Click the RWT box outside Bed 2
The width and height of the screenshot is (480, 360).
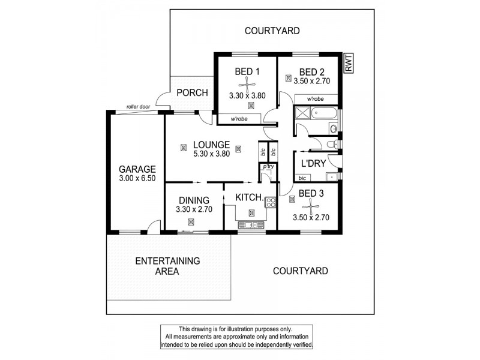[348, 63]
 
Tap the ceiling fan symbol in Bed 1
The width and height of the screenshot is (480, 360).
[247, 83]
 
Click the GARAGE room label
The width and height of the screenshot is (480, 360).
[137, 169]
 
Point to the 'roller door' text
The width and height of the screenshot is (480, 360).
[137, 107]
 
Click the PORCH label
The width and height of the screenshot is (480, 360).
[192, 93]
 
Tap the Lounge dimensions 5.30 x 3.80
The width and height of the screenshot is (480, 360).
[211, 154]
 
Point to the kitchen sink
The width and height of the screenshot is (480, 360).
[251, 225]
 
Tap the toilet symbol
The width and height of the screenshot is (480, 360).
[332, 144]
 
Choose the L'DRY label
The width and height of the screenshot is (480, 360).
[313, 164]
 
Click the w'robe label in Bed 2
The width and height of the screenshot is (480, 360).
[316, 98]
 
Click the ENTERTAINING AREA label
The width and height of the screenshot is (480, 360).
[167, 266]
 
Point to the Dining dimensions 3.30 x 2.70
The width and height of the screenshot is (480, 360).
[193, 209]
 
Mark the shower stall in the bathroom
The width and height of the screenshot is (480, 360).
[301, 112]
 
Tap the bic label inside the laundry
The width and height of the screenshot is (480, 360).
[302, 178]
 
